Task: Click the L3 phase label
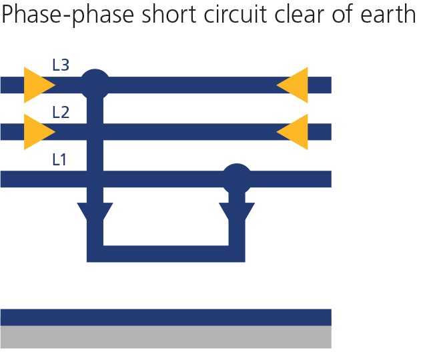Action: (61, 65)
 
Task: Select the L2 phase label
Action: (61, 113)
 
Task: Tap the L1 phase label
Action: (59, 159)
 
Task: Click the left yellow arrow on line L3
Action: (40, 85)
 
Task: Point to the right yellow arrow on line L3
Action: (292, 85)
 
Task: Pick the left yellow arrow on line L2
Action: (40, 132)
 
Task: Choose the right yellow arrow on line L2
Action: (292, 132)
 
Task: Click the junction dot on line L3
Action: (95, 84)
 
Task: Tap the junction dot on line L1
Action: (237, 179)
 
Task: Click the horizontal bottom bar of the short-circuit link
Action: (166, 254)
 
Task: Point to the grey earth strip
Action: (166, 337)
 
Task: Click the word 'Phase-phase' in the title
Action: (68, 15)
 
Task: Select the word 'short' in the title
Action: (169, 14)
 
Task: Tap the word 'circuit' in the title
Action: (236, 14)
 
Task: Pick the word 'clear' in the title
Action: (299, 14)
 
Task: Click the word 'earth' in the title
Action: (388, 14)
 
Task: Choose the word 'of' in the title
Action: (342, 14)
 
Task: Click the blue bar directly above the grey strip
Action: (166, 317)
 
